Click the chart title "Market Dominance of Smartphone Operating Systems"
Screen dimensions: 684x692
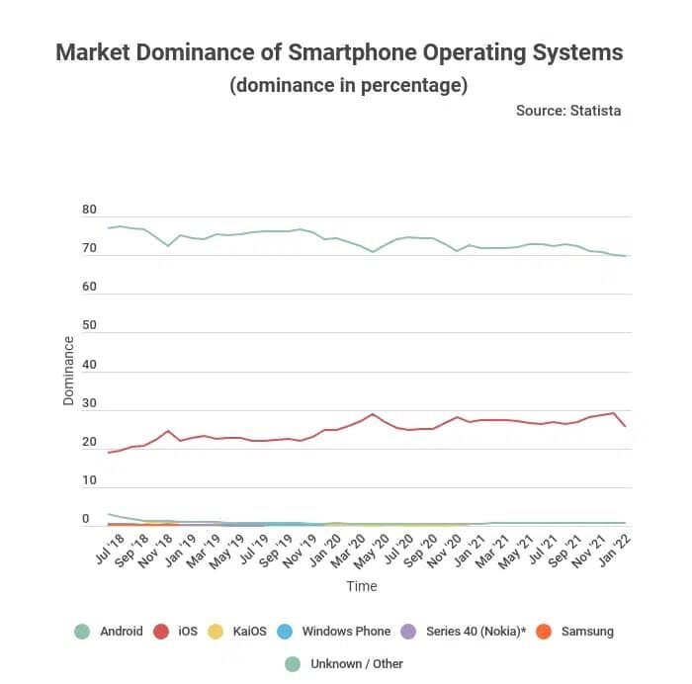(x=339, y=52)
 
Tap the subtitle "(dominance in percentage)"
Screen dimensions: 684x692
(x=348, y=86)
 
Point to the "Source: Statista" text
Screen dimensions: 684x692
(x=568, y=111)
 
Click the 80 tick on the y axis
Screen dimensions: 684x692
(x=89, y=211)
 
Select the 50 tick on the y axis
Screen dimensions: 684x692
(x=89, y=326)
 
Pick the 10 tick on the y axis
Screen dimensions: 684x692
(x=89, y=481)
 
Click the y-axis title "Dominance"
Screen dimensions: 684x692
(x=68, y=371)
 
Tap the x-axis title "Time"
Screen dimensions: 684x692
(x=361, y=586)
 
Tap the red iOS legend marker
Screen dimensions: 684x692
(x=161, y=631)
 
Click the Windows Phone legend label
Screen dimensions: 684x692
(x=345, y=631)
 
